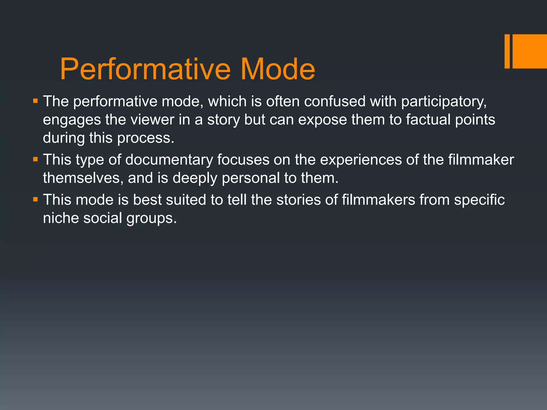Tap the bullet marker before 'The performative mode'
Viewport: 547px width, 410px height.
tap(36, 101)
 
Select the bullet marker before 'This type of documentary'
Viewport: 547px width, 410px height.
tap(36, 159)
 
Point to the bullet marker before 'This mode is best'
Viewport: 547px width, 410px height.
tap(36, 199)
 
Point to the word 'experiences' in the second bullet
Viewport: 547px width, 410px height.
tap(361, 160)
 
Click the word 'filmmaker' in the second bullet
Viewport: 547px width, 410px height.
tap(481, 160)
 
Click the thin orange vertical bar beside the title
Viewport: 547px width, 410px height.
tap(507, 51)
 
